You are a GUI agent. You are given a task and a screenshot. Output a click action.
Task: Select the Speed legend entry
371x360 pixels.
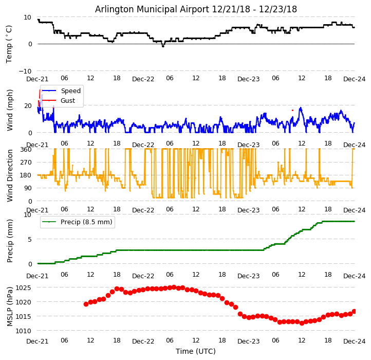70,91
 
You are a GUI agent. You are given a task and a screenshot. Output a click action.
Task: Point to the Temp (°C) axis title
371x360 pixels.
9,44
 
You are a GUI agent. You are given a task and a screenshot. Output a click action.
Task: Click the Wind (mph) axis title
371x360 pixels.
10,110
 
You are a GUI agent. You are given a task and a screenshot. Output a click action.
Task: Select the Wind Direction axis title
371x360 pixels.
10,175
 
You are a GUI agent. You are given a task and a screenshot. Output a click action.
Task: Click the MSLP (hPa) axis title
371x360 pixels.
10,307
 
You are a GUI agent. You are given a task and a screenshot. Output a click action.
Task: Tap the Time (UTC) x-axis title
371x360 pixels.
196,351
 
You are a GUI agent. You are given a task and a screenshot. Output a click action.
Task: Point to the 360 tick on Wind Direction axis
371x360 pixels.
26,149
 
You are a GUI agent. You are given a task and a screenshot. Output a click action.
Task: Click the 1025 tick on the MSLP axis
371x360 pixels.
23,287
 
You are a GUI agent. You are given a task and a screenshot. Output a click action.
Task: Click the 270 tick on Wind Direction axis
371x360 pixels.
26,163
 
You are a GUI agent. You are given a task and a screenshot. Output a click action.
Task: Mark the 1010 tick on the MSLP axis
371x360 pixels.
23,331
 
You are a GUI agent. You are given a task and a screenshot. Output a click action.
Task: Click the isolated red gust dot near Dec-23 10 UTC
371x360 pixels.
293,110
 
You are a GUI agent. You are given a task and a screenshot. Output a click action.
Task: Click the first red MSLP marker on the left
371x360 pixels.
86,304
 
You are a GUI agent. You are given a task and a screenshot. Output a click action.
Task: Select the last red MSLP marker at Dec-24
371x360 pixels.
354,311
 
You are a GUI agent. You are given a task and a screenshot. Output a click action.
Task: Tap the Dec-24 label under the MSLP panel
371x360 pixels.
354,341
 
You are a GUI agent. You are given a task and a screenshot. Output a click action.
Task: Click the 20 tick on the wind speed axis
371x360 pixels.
28,105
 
